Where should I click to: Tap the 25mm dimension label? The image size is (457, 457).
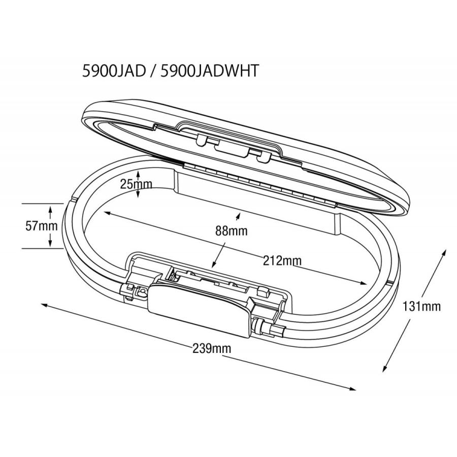tap(136, 184)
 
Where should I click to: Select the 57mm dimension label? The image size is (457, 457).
tap(42, 226)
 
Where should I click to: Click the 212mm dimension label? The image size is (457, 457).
tap(282, 260)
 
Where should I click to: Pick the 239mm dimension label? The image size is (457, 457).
tap(212, 348)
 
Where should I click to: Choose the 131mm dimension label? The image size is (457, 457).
tap(421, 306)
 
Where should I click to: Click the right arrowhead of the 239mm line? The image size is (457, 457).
tap(353, 389)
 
